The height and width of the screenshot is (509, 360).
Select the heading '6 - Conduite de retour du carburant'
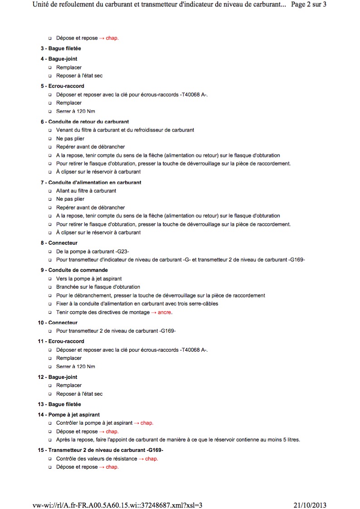85,121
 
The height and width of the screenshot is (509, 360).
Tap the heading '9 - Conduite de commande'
74,270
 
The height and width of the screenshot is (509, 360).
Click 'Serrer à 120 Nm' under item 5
75,111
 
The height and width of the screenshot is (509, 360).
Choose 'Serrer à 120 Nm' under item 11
75,366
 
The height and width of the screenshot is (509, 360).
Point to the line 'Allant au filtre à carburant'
86,191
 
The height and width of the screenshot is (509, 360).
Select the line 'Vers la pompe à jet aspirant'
89,279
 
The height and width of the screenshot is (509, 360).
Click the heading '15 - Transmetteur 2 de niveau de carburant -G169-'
100,450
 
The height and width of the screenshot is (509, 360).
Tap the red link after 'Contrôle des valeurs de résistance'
148,459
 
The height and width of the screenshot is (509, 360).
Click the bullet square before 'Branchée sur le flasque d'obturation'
50,287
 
